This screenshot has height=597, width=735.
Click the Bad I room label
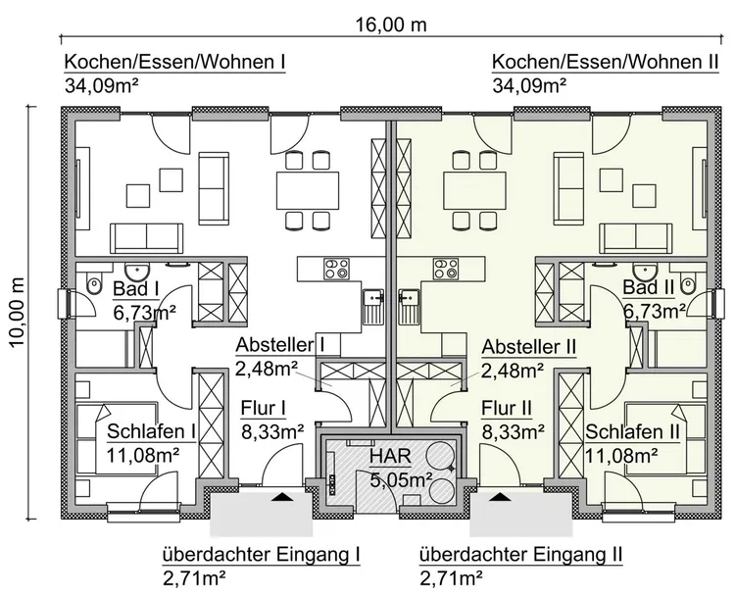136,289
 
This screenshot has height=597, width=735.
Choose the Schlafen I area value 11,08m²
142,454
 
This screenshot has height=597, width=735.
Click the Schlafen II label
633,431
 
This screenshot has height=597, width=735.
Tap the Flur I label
262,408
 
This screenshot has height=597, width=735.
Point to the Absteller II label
527,346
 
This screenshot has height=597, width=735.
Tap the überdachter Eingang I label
261,554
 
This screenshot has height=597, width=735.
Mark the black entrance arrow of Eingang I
283,497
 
